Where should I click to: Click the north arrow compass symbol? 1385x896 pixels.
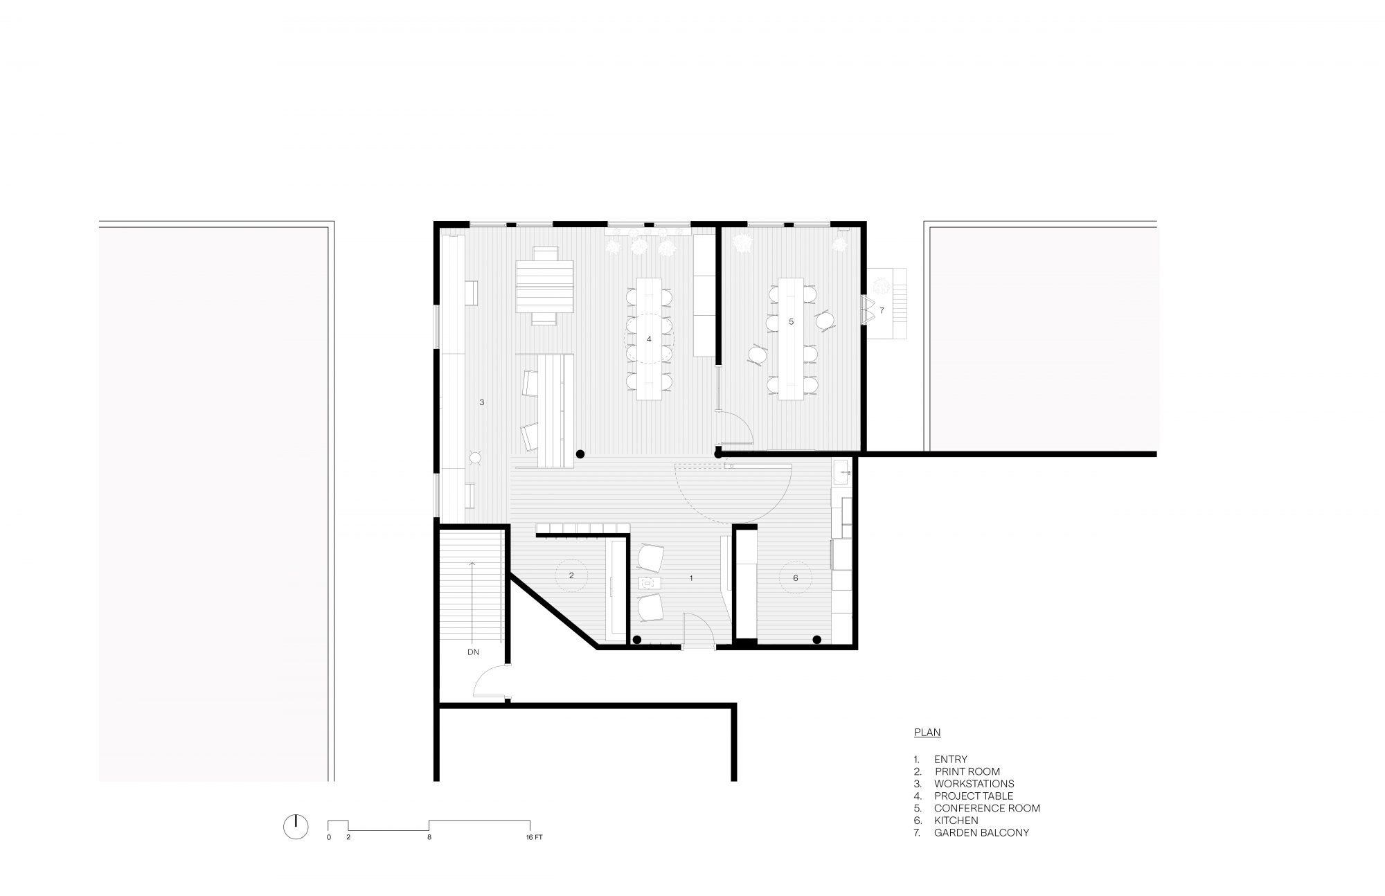point(295,826)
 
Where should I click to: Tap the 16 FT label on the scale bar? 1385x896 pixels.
point(533,837)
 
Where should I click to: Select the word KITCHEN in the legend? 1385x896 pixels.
point(956,820)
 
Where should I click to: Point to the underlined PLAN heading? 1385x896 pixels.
point(927,732)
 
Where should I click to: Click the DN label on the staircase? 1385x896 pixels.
point(473,652)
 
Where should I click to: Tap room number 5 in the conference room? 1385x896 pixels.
point(791,321)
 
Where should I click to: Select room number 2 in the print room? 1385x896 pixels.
point(571,575)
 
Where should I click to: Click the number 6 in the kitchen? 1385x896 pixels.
point(796,577)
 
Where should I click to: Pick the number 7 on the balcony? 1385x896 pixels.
point(882,310)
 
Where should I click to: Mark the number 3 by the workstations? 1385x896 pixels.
point(481,402)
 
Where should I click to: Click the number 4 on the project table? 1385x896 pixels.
point(649,339)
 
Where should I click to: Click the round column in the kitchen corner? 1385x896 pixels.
point(817,639)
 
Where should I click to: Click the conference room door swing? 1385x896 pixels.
point(735,427)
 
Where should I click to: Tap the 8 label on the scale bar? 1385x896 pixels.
point(429,837)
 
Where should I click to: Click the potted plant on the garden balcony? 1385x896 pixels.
point(882,285)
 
